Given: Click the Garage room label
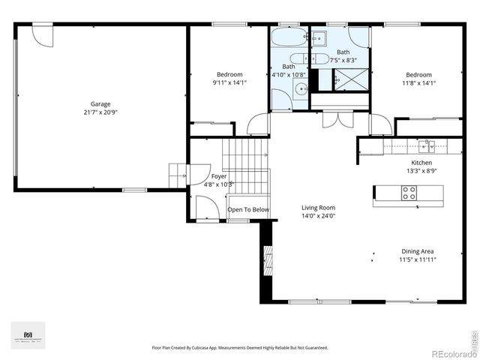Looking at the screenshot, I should point(100,104).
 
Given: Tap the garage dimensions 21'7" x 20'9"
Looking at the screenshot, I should point(100,112).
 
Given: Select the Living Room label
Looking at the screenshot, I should point(318,208).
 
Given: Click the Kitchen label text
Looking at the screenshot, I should point(421,163).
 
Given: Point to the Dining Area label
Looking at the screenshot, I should point(418,251).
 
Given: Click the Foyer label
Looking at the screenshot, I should point(218,176).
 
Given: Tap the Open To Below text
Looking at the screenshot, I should point(248,210).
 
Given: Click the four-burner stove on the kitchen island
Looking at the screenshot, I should point(409,193).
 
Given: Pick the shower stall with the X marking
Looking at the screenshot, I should point(349,79).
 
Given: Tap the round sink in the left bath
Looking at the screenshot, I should point(300,89).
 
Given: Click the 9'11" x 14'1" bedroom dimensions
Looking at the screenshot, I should point(229,82).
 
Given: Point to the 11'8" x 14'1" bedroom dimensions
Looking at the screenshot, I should point(418,82).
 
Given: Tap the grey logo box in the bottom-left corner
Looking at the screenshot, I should point(28,335).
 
